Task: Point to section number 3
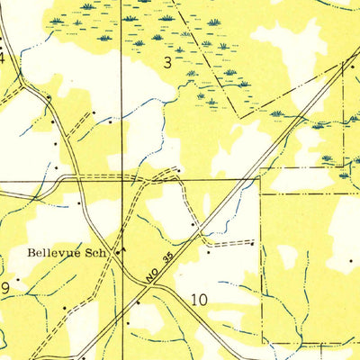pos(167,61)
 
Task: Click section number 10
pos(200,299)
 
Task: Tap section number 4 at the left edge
pos(3,58)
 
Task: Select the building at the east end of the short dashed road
pos(253,243)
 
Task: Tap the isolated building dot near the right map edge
pos(351,260)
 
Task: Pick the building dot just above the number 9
pos(17,278)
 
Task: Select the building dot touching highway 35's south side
pos(139,303)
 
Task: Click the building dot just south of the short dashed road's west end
pos(208,252)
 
